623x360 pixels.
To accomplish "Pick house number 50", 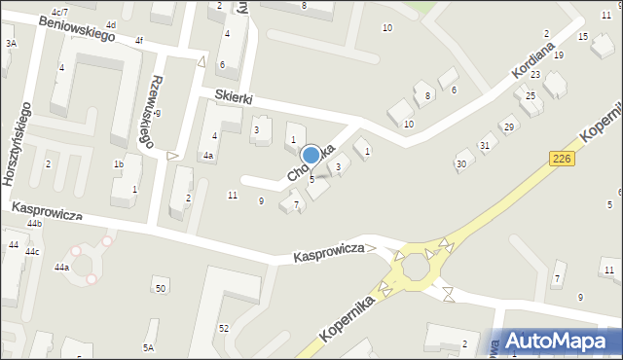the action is click(160, 289).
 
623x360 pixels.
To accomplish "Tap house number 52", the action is click(223, 328).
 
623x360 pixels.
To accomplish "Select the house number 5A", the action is click(148, 347).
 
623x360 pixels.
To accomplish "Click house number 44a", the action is click(61, 267).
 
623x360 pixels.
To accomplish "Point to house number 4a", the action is click(207, 156).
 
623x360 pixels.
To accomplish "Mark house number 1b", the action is click(118, 164).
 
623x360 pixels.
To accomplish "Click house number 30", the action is click(460, 163).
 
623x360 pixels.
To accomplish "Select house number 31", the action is click(484, 146).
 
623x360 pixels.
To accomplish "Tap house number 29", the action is click(508, 127).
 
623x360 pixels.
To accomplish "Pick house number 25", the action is click(531, 95).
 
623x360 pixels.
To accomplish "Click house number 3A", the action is click(11, 44).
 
